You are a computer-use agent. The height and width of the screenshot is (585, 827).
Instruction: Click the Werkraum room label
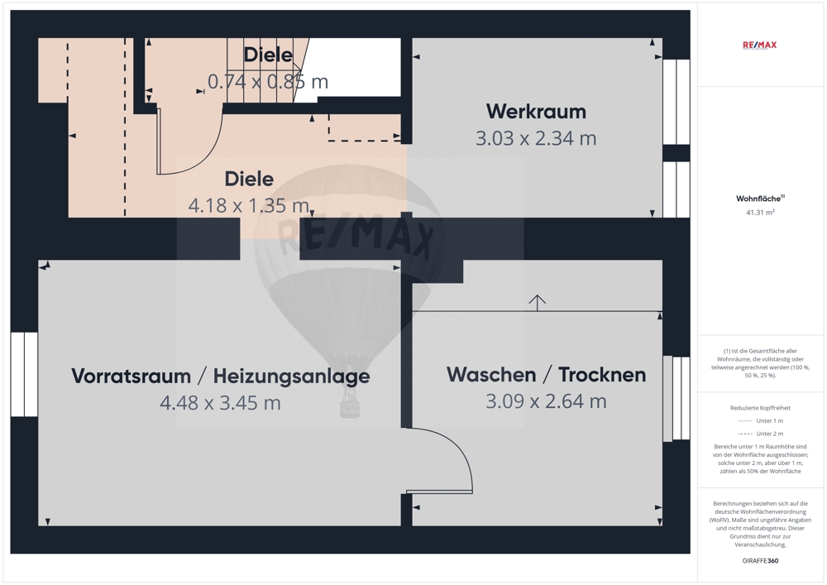coord(536,112)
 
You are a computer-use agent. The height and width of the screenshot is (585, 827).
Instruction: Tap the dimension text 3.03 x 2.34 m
coord(536,138)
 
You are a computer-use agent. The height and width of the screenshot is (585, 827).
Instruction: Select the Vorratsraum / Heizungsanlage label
coord(221,376)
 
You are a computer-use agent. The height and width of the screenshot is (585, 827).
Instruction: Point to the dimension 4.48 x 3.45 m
coord(221,403)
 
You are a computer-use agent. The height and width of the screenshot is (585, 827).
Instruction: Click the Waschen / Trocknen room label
coord(547,375)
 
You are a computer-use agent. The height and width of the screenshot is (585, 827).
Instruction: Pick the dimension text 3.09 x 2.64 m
coord(547,401)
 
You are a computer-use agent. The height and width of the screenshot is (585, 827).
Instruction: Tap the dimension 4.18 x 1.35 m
coord(249,205)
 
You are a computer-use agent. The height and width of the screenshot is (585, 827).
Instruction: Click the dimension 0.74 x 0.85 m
coord(268,82)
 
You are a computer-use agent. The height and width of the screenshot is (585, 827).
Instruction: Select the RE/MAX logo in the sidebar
coord(759,45)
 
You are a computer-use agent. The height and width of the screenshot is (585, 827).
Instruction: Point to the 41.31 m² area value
coord(760,213)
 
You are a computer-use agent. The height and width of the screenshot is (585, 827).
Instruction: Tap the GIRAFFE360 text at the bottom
coord(760,561)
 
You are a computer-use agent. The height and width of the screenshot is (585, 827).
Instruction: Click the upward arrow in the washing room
coord(537,303)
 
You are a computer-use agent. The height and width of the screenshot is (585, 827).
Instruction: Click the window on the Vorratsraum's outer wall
coord(24,375)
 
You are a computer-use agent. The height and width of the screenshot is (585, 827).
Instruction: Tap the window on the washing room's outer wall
coord(676,398)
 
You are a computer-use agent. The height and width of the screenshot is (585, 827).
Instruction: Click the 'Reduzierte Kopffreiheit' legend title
coord(760,408)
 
